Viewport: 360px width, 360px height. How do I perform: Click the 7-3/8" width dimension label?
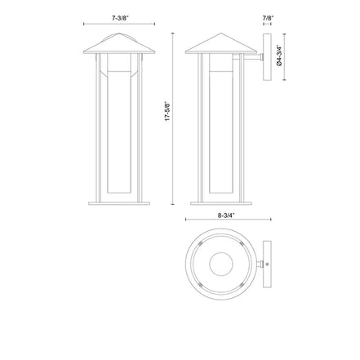120,18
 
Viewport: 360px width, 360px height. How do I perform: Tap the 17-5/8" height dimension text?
167,111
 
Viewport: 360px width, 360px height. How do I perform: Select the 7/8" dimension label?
268,18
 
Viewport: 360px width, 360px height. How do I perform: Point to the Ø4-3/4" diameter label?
278,56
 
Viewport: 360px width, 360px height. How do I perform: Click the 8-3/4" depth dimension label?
226,215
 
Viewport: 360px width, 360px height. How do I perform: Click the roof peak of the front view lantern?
119,33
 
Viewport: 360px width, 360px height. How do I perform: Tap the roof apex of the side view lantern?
221,33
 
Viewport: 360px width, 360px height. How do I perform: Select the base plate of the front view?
119,203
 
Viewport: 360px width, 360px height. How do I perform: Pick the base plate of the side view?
221,203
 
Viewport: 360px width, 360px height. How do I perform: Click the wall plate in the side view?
267,57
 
